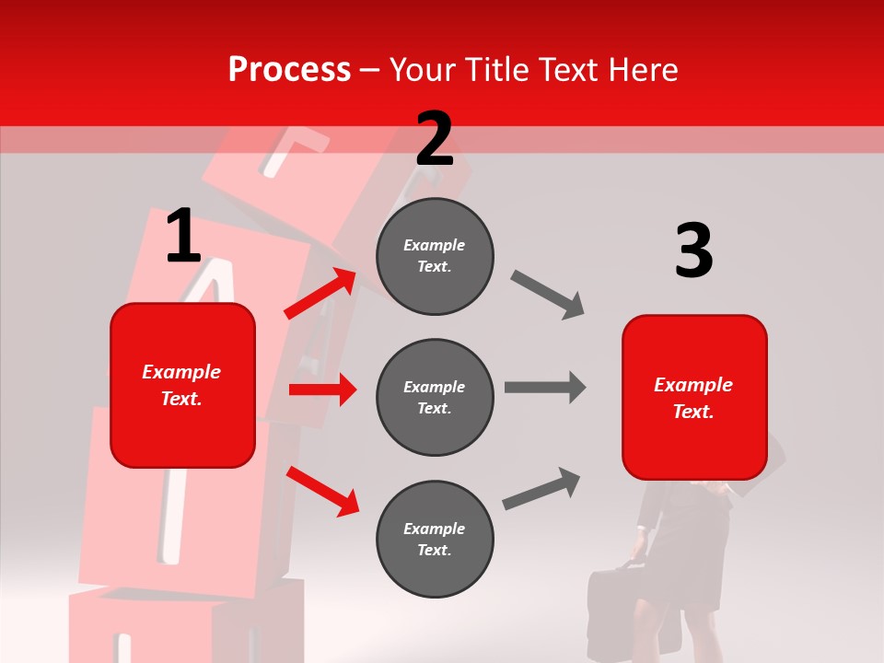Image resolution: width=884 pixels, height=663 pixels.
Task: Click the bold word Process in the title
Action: coord(289,70)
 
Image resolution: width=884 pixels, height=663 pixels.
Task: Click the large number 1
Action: coord(183,237)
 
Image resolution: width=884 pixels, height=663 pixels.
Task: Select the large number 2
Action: coord(435,139)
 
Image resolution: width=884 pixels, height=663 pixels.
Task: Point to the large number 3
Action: coord(693,251)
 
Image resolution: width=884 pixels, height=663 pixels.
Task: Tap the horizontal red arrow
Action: coord(322,390)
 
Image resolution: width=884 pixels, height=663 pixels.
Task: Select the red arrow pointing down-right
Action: coord(322,490)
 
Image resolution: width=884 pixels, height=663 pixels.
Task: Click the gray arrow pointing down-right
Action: coord(548,295)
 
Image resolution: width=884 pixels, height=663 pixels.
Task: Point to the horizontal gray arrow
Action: coord(544,388)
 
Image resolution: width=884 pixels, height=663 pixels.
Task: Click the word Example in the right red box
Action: coord(693,385)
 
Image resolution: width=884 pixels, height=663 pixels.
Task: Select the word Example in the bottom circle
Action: coord(435,529)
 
